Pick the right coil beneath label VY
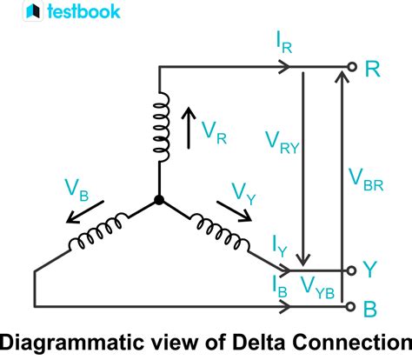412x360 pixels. tap(216, 230)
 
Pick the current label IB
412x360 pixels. tap(278, 287)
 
